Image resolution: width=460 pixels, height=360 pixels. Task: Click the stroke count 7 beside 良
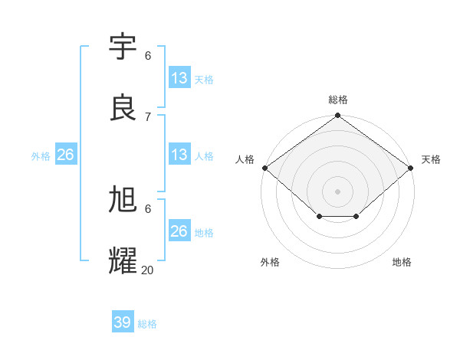148,116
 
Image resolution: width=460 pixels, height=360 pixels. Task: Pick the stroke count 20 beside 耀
148,269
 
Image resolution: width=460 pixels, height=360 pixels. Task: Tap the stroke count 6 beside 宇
148,56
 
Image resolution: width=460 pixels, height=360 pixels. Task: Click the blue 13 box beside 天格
179,78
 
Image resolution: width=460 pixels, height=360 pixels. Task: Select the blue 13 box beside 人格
179,155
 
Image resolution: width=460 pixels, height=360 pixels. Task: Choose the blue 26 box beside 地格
179,231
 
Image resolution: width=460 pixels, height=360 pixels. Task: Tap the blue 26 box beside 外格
65,155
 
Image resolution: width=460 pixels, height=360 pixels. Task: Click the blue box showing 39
123,322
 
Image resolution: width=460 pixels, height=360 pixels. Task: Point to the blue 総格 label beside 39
147,324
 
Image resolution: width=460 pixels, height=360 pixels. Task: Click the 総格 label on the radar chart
338,100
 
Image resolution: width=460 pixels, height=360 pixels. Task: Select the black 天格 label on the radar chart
431,159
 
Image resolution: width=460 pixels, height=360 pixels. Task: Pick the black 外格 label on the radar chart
270,262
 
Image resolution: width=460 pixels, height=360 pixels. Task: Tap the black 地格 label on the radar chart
402,262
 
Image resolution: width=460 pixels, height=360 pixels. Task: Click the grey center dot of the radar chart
337,191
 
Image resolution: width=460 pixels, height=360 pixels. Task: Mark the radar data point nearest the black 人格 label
264,168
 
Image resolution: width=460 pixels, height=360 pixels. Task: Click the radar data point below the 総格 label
337,116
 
